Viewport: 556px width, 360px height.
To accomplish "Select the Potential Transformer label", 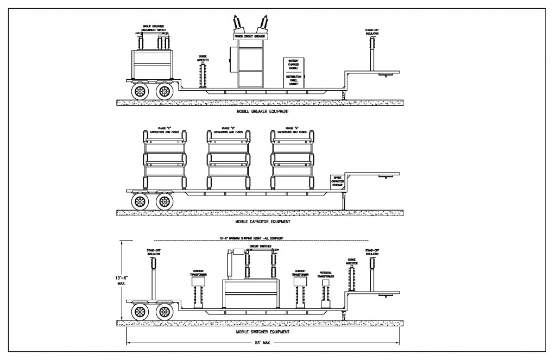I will point(326,276).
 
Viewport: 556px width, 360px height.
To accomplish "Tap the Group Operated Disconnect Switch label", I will point(154,28).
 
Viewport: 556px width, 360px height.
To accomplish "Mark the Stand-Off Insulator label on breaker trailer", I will point(371,31).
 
